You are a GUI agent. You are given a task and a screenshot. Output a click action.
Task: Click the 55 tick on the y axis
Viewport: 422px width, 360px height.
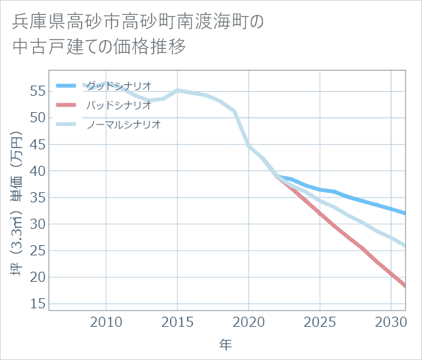pos(38,91)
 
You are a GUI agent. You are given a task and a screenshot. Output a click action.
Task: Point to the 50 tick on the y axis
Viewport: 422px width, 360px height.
pos(38,118)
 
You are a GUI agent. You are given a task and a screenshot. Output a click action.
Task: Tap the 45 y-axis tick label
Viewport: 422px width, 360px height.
pos(38,144)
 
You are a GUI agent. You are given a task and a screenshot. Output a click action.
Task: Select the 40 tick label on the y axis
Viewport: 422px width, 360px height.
pos(38,170)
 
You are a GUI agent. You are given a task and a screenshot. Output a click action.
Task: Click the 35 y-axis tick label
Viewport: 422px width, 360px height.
pos(38,197)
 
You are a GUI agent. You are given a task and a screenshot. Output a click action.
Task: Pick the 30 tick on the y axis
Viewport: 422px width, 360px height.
pos(38,223)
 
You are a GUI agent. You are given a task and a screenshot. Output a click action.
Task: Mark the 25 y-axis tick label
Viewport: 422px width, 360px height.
pos(38,250)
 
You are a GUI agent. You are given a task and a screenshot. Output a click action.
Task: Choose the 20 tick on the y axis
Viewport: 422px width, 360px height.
pos(38,277)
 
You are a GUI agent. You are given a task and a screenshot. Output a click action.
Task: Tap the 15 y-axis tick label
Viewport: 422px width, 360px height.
pos(38,304)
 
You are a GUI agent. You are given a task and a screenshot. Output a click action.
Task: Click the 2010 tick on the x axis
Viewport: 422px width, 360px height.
pos(107,321)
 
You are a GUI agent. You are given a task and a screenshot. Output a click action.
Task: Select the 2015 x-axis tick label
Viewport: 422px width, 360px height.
pos(177,321)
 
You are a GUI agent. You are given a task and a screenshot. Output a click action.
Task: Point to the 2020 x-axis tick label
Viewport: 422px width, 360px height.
pos(249,321)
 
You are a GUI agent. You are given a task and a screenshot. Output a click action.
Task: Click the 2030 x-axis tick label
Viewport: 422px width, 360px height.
pos(391,321)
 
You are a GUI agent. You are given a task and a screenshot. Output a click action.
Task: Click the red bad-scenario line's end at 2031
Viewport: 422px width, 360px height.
pos(405,286)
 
